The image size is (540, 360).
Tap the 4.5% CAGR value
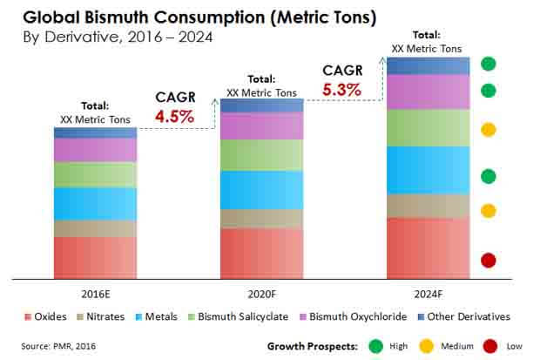174,115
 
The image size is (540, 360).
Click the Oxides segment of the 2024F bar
428,248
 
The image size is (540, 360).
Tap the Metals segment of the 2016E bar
95,204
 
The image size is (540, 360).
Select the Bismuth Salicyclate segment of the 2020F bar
261,155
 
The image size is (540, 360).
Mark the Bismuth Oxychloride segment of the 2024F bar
428,92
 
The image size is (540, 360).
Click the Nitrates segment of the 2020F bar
261,219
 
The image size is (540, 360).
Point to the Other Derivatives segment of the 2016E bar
95,132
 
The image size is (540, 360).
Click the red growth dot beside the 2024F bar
489,260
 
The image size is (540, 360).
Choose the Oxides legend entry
50,316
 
